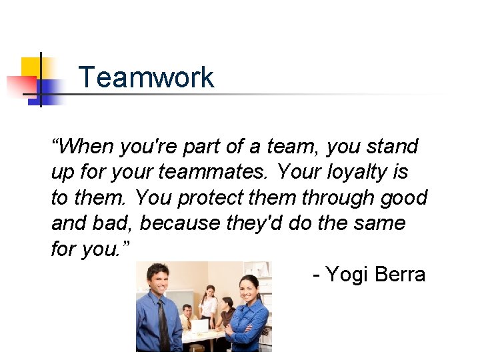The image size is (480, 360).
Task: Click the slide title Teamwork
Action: pyautogui.click(x=146, y=77)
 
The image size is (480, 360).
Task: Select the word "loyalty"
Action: pyautogui.click(x=357, y=172)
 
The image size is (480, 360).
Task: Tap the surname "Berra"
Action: pyautogui.click(x=401, y=274)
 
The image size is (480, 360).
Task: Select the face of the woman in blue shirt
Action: pyautogui.click(x=248, y=289)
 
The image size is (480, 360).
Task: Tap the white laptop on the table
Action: pyautogui.click(x=201, y=326)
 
